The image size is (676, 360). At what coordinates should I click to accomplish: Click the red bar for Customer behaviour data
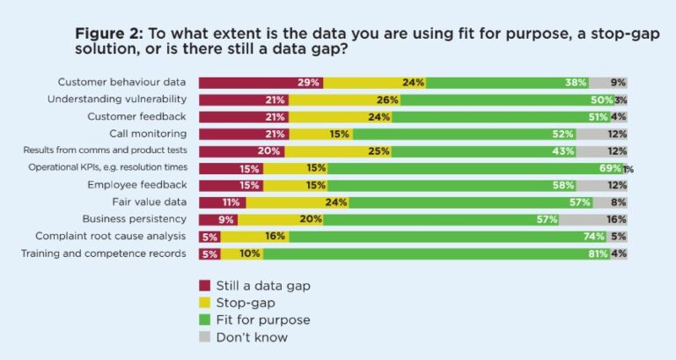[x=261, y=83]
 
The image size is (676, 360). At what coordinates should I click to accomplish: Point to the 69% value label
[x=609, y=168]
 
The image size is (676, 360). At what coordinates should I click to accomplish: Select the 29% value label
[x=308, y=83]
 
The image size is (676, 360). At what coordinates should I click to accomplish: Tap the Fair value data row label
[x=145, y=202]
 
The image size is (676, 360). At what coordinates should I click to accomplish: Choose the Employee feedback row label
[x=136, y=185]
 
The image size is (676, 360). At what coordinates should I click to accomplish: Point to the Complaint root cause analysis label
[x=111, y=236]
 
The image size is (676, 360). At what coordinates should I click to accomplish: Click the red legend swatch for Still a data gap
[x=205, y=285]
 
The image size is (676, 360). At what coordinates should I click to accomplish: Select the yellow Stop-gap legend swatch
[x=205, y=302]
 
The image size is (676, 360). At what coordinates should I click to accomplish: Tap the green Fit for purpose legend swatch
[x=205, y=320]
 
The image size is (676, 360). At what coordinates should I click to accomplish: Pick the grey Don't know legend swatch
[x=205, y=336]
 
